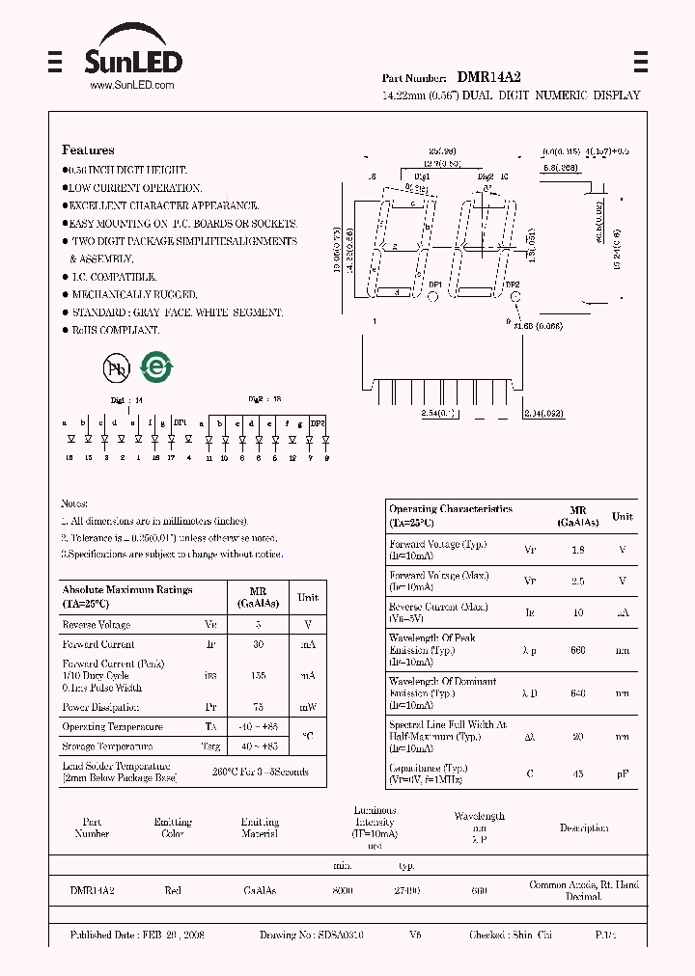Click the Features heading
point(88,150)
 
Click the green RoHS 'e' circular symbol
point(154,366)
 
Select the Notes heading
point(74,503)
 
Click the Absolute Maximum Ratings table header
point(127,595)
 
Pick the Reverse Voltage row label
point(97,625)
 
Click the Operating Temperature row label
point(113,727)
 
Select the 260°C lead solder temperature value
point(261,772)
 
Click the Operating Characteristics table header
point(451,515)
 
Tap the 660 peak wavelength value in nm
point(577,651)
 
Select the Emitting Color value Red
point(173,891)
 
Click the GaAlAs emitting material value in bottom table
point(260,891)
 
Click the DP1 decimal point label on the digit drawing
point(434,285)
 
